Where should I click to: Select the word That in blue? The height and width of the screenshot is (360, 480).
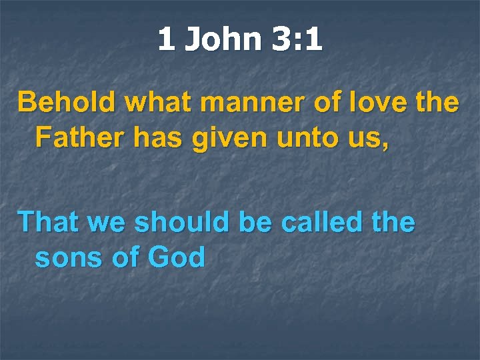(x=49, y=222)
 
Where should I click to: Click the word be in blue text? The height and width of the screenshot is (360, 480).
(x=255, y=222)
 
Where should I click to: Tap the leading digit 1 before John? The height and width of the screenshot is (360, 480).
(x=167, y=39)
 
